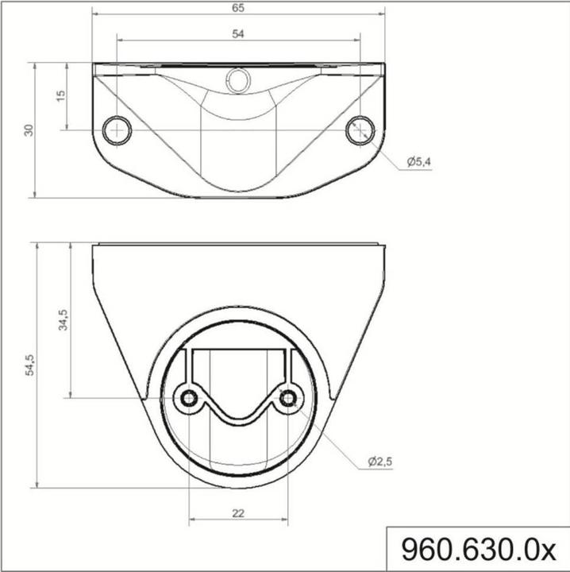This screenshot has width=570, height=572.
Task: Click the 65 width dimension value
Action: coord(238,8)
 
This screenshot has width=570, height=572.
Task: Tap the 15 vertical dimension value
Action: coord(61,95)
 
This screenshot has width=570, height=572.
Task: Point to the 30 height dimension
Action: coord(29,129)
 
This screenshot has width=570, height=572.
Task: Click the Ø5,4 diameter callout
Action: coord(418,161)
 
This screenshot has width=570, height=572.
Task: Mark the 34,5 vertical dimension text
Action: coord(64,320)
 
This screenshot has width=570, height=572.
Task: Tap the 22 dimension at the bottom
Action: coord(238,513)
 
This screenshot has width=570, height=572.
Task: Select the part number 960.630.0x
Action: coord(478,549)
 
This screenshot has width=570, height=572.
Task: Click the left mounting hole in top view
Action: coord(117,129)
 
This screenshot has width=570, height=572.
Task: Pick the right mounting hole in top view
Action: coord(360,129)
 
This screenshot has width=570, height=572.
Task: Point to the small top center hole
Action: coord(237,78)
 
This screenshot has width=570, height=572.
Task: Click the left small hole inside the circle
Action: coord(190,398)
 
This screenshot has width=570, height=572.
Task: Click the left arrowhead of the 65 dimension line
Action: coord(95,14)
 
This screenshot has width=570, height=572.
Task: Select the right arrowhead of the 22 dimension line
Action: coord(286,522)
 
